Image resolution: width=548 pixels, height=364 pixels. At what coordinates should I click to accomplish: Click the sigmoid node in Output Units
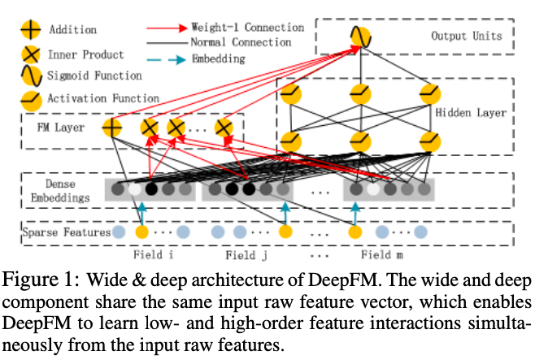361,37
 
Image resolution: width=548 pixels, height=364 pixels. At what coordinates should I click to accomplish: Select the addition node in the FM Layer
112,128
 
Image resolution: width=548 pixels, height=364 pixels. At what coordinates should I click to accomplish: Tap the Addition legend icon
31,29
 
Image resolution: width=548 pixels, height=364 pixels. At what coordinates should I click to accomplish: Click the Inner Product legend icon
31,55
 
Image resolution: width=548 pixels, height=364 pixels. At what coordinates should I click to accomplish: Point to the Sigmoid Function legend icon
32,76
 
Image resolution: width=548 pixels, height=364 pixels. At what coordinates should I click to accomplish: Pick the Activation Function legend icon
32,101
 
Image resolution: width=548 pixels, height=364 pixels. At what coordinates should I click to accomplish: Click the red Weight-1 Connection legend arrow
167,28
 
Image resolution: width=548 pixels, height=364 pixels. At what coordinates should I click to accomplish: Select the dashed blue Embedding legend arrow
167,60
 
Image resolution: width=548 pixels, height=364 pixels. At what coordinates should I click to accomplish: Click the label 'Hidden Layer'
471,113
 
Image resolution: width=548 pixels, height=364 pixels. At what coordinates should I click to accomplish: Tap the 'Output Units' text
467,36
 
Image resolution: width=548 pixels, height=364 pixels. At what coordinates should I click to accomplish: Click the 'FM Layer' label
61,128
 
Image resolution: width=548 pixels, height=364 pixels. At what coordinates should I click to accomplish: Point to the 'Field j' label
246,255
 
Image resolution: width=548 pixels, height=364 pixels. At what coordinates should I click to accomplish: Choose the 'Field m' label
382,255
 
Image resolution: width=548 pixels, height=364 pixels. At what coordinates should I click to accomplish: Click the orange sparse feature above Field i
142,232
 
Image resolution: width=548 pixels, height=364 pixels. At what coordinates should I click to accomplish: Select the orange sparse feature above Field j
285,232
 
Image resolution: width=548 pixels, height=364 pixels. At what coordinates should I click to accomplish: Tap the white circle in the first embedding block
134,189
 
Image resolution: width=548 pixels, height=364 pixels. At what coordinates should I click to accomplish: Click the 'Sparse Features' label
67,232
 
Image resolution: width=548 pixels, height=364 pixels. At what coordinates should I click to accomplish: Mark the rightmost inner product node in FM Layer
224,128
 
